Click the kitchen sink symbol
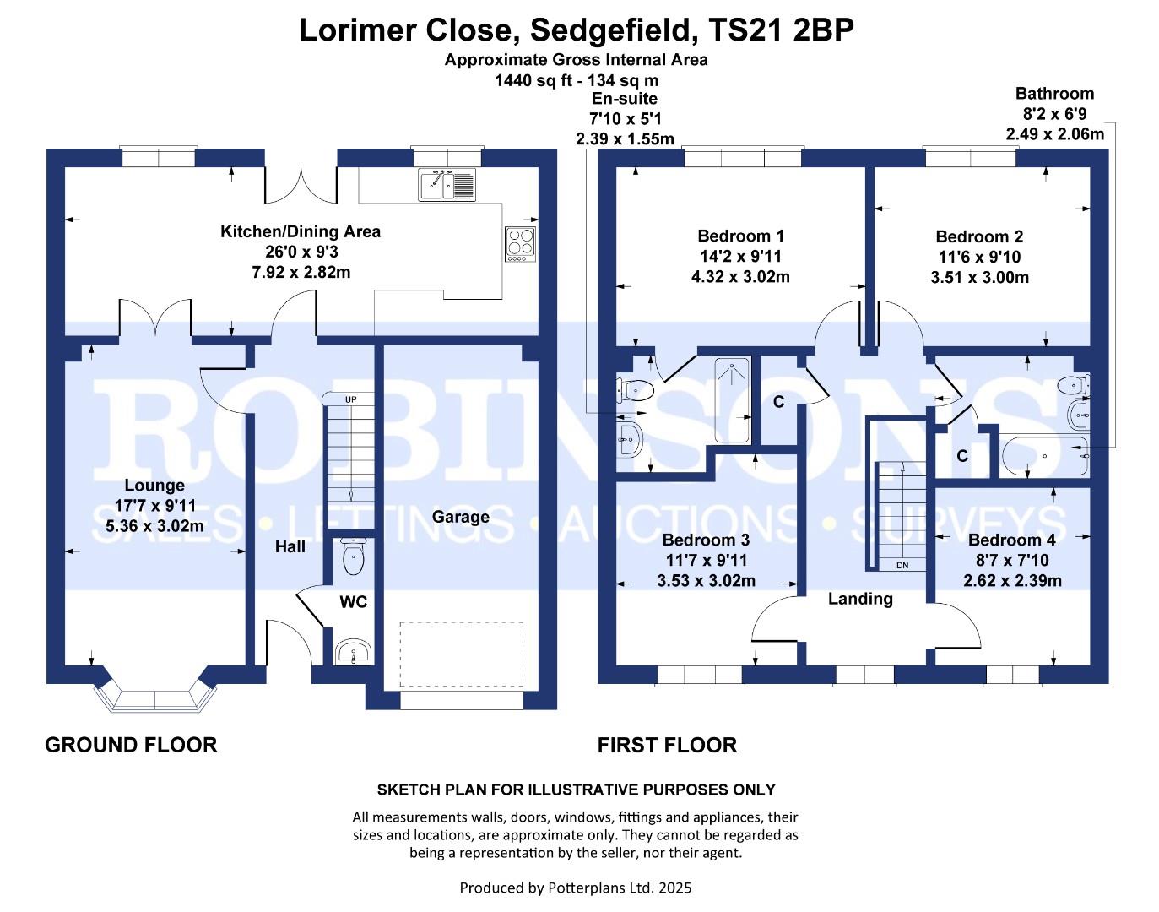click(x=447, y=184)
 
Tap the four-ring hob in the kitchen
click(x=520, y=244)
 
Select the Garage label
click(x=460, y=517)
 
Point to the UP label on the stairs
click(x=350, y=399)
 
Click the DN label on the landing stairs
click(x=902, y=566)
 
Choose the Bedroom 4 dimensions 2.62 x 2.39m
click(x=1012, y=581)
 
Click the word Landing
click(x=859, y=599)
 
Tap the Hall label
click(x=290, y=547)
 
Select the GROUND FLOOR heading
click(x=131, y=745)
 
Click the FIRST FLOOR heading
click(x=667, y=745)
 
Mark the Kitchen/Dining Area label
click(x=300, y=231)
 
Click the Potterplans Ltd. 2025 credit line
click(x=576, y=888)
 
